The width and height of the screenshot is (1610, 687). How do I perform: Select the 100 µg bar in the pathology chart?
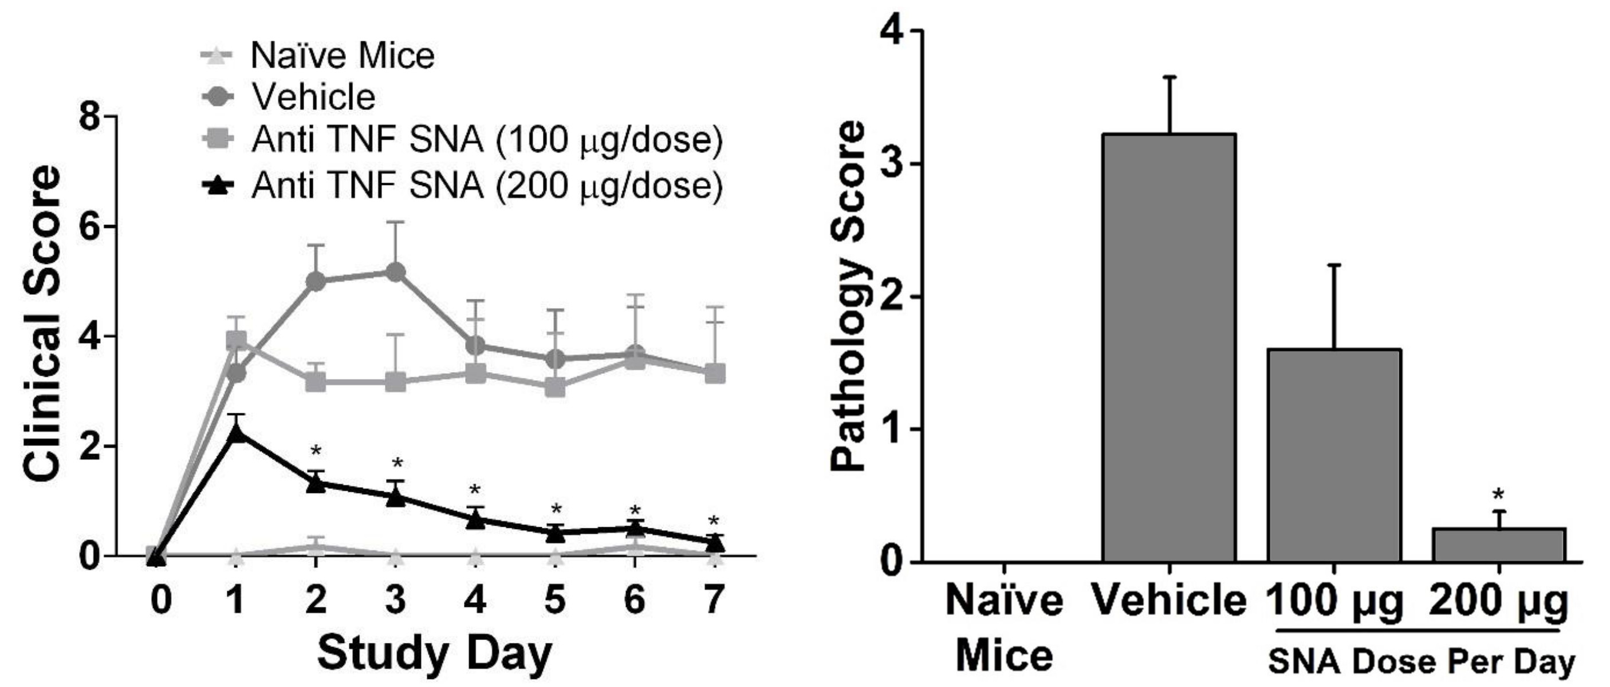[x=1334, y=455]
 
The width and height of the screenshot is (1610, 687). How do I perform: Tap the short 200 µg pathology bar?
[x=1499, y=544]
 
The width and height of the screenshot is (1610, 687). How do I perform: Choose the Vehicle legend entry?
[x=313, y=97]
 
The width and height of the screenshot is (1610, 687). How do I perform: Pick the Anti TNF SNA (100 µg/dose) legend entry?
[x=486, y=140]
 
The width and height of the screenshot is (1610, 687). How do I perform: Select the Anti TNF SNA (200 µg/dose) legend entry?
[x=486, y=185]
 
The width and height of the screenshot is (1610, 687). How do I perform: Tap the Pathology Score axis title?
[x=848, y=296]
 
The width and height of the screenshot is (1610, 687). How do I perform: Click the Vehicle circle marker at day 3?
[x=395, y=273]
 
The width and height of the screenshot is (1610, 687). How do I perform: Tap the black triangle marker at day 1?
[x=235, y=433]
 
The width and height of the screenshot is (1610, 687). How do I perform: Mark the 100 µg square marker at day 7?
[x=715, y=373]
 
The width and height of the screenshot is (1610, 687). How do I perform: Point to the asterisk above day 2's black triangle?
[x=316, y=451]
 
